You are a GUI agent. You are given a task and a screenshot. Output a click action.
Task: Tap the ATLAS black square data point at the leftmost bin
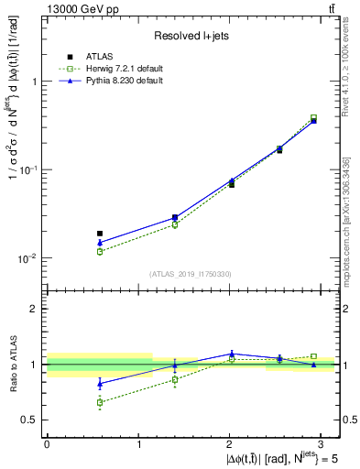[x=100, y=234]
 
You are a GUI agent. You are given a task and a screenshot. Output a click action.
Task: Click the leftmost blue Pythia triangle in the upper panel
[x=100, y=243]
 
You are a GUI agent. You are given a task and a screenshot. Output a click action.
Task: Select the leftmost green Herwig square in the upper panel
[x=100, y=251]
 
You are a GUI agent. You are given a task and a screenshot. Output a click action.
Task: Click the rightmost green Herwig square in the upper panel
[x=313, y=117]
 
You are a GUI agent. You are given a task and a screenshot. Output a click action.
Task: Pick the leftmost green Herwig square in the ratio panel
[x=100, y=402]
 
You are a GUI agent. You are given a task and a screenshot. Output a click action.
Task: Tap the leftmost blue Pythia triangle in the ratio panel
[x=100, y=384]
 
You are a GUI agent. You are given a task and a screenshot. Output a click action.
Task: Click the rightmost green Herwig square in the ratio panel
[x=313, y=356]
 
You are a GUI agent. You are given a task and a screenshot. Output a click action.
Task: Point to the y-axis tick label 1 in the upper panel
[x=35, y=82]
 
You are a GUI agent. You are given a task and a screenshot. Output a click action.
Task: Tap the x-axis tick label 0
[x=47, y=443]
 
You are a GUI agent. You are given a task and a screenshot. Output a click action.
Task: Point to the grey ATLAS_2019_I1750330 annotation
[x=191, y=274]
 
